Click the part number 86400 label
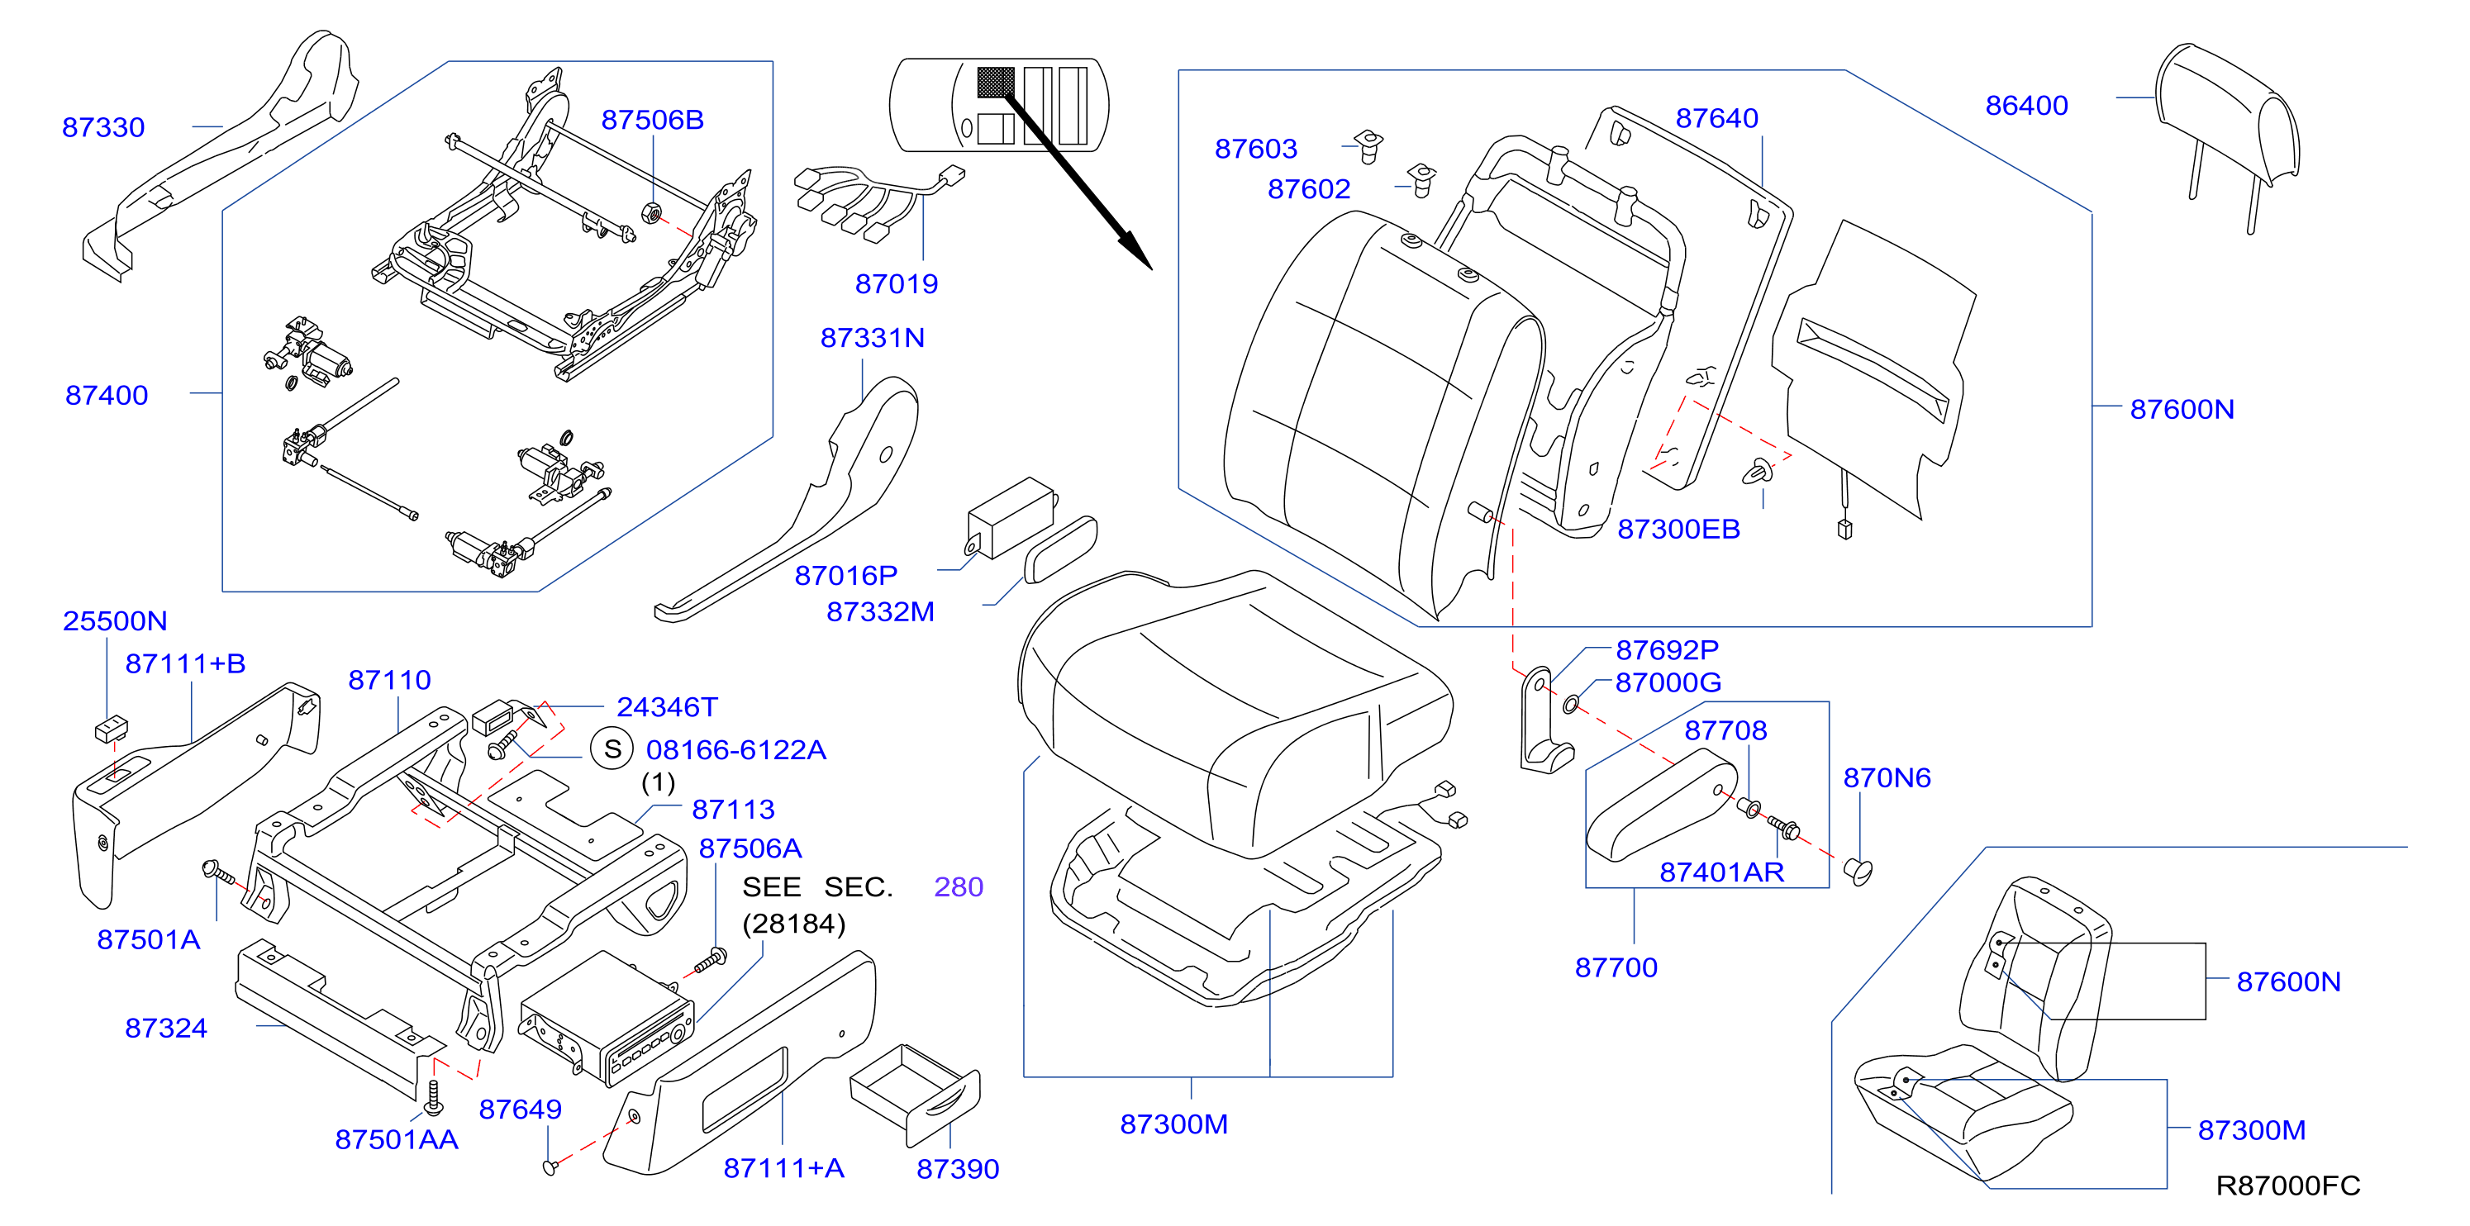(2026, 106)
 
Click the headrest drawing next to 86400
(2226, 134)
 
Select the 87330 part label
(103, 127)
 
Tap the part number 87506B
(652, 120)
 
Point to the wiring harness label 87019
(897, 283)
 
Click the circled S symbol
(612, 748)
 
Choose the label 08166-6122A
(735, 749)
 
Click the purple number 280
(959, 886)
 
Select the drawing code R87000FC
(2288, 1186)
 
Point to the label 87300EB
(1678, 529)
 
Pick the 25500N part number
(115, 621)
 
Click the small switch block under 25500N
(112, 729)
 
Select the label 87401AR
(1722, 872)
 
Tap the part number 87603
(1256, 149)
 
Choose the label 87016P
(845, 575)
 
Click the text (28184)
(794, 924)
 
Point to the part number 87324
(166, 1029)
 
